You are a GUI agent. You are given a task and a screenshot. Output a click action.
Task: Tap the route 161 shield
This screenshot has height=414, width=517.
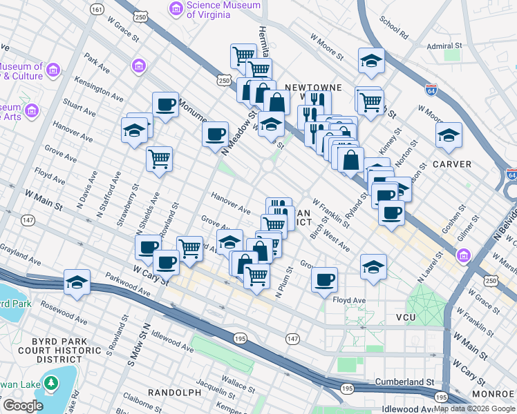(97, 10)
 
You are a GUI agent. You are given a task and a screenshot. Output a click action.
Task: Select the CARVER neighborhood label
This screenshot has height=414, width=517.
(453, 164)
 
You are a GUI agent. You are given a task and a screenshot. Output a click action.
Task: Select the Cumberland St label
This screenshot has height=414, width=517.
(404, 382)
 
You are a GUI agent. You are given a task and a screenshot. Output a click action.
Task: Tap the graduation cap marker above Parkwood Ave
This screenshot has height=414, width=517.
(77, 282)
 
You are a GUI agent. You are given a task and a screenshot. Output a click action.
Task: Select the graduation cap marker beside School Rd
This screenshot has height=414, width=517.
(371, 61)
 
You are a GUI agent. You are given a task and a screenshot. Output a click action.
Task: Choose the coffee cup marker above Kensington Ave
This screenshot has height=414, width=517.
(166, 104)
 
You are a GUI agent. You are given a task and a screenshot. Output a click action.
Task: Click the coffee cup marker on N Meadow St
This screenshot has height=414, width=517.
(216, 132)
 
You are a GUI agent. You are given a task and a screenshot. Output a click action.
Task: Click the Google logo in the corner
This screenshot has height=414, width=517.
(22, 406)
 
